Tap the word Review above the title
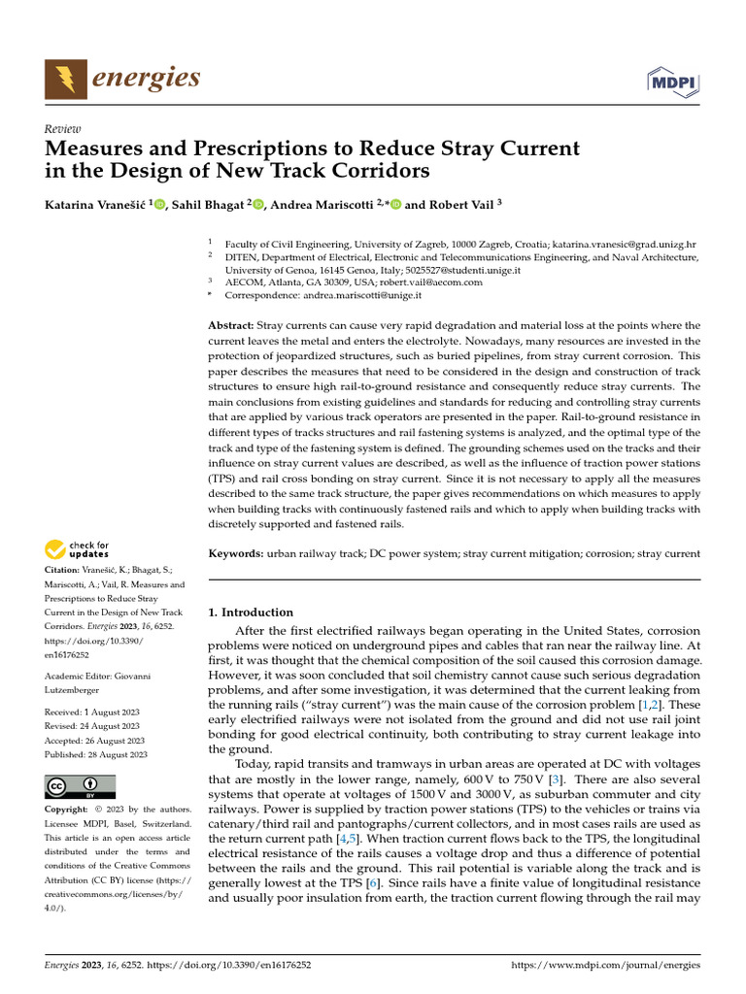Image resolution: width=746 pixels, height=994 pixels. coord(63,129)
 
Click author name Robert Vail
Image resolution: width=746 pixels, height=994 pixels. coord(458,205)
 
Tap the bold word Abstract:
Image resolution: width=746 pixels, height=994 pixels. coord(231,325)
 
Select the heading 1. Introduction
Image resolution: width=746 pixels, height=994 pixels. coord(252,613)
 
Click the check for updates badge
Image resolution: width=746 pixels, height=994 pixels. coord(78,550)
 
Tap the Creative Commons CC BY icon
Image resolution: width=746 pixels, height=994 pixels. coord(81,786)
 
